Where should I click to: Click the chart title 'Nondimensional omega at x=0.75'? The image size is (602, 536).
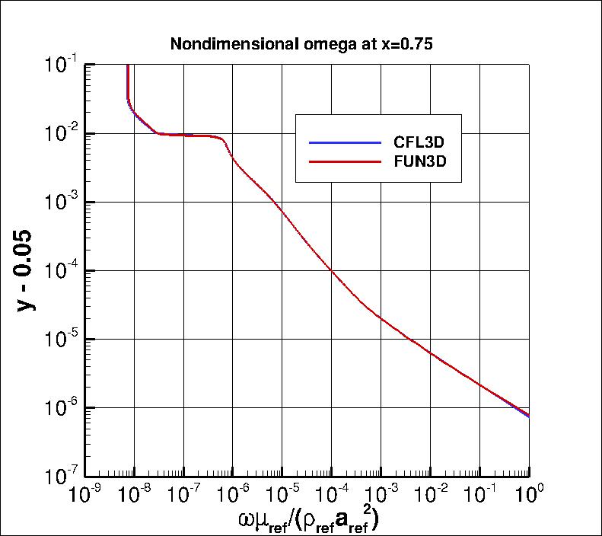pyautogui.click(x=301, y=44)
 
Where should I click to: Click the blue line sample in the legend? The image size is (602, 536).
pyautogui.click(x=344, y=142)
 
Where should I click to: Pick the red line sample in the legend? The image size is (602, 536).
pyautogui.click(x=344, y=162)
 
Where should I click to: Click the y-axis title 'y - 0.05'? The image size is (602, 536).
pyautogui.click(x=27, y=271)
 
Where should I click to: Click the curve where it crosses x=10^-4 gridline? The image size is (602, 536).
pyautogui.click(x=332, y=270)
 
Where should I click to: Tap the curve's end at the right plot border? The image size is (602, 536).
pyautogui.click(x=529, y=416)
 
